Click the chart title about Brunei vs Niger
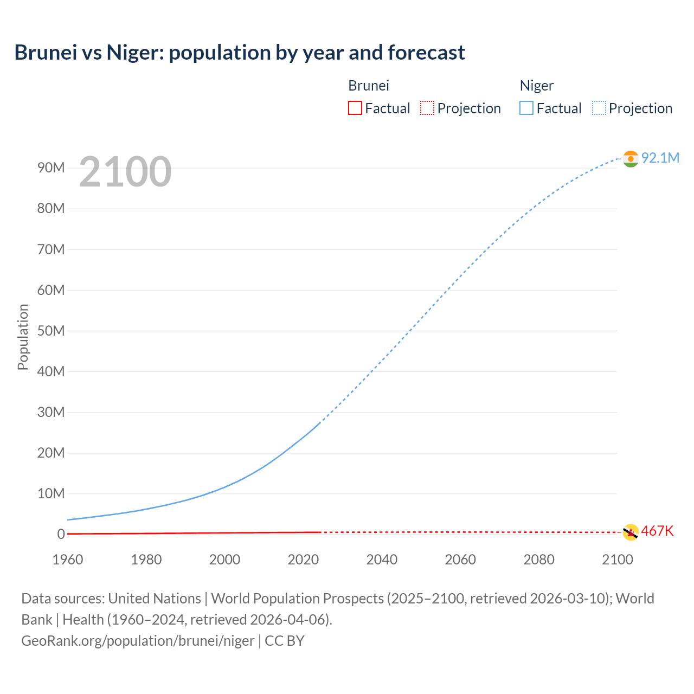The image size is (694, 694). point(240,53)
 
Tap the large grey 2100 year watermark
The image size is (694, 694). point(125,172)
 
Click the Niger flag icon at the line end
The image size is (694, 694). point(631,158)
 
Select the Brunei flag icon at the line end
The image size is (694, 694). point(631,532)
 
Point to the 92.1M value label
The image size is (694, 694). point(660,158)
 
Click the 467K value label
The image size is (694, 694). point(657,531)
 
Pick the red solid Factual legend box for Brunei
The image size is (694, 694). point(355,108)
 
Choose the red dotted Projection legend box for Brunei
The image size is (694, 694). point(427,108)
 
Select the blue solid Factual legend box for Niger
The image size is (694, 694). point(526,108)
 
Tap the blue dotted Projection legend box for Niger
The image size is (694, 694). point(599,108)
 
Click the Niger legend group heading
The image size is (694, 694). point(537,86)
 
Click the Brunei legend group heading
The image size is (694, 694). point(369,86)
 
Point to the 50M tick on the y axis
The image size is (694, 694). point(51,331)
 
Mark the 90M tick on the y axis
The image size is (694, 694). point(51,168)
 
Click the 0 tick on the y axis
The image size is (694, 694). point(61,534)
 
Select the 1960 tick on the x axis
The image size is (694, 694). point(68,560)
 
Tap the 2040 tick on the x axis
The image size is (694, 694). point(382,560)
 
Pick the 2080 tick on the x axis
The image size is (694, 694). point(539,560)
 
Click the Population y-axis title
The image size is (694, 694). point(23,337)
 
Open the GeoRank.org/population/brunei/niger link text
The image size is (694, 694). point(138,641)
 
